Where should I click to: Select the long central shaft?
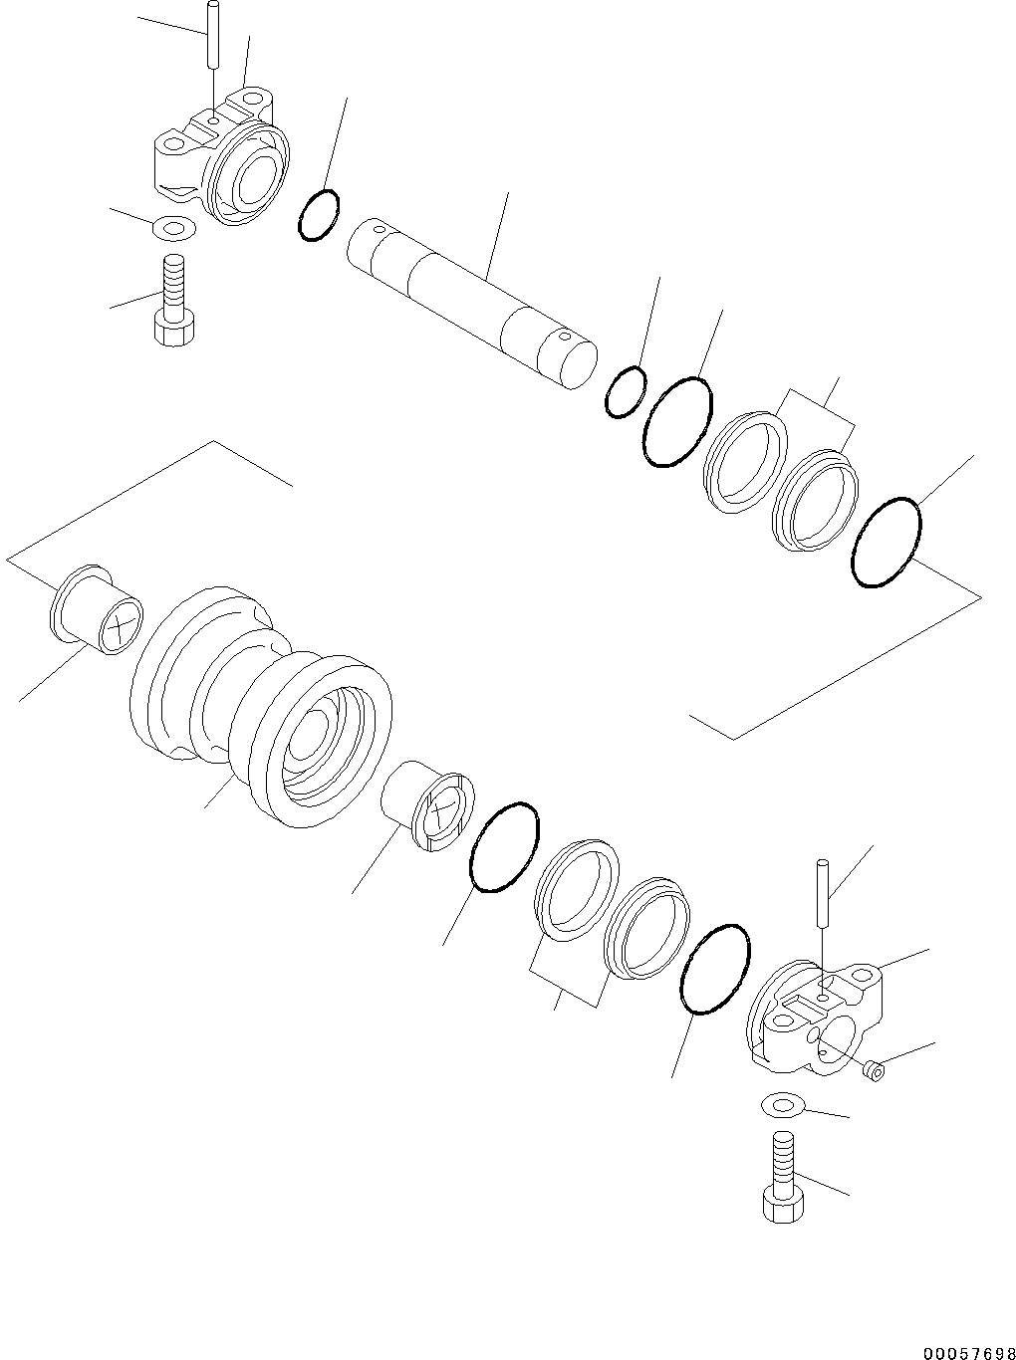coord(472,303)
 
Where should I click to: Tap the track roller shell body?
coord(261,706)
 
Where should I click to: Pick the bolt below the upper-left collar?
coord(174,301)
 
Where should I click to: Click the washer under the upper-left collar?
coord(173,228)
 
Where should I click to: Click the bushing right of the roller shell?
coord(428,805)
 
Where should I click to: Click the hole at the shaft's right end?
coord(564,337)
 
